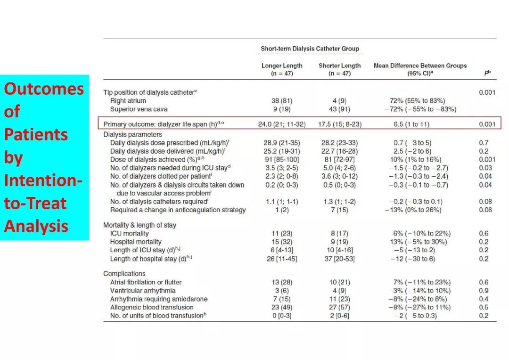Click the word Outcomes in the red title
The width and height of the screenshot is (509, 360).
coord(44,89)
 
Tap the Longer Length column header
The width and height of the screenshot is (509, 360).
coord(282,69)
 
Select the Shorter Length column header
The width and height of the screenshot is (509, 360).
coord(339,69)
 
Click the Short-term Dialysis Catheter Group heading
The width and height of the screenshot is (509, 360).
coord(310,49)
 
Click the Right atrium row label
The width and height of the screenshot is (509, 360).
coord(128,101)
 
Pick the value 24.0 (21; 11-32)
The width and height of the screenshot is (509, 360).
coord(282,124)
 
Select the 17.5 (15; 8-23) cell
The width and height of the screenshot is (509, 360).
coord(339,124)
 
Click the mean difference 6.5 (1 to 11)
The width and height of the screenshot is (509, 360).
coord(411,124)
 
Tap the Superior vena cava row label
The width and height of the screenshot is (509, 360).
coord(139,109)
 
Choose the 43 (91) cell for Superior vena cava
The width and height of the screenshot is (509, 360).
coord(339,109)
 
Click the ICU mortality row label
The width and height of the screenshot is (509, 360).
coord(129,233)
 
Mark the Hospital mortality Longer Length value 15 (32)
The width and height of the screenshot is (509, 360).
coord(282,242)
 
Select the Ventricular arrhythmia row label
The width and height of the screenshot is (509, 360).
coord(142,291)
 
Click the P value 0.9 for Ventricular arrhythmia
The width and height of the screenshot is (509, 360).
coord(484,291)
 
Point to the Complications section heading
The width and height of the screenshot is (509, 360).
coord(124,273)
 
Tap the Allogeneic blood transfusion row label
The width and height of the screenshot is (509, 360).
coord(152,307)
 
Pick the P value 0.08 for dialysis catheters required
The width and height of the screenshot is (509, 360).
coord(485,202)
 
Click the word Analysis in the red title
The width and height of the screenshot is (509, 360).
coord(36,226)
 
